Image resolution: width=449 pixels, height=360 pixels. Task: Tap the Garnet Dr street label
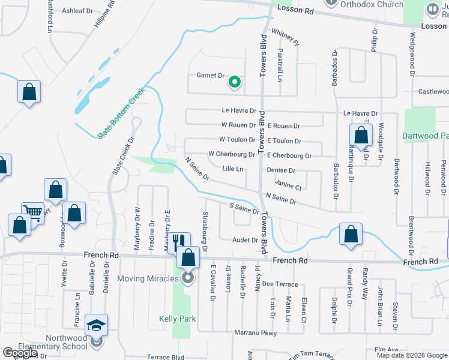coord(210,76)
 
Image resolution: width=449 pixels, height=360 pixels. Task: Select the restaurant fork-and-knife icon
coord(178,242)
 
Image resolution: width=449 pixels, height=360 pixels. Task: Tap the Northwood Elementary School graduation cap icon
coord(96,325)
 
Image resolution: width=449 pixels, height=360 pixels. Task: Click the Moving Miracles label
coord(148,278)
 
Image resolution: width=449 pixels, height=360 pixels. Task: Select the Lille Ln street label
coord(232,169)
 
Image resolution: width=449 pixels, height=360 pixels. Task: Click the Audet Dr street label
coord(245,240)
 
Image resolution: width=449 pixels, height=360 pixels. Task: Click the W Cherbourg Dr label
coord(232,154)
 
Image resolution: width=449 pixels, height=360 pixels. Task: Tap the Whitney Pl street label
coord(285,37)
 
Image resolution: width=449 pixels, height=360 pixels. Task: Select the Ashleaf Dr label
coord(77,11)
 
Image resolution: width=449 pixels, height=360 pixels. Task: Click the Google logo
coord(20,353)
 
